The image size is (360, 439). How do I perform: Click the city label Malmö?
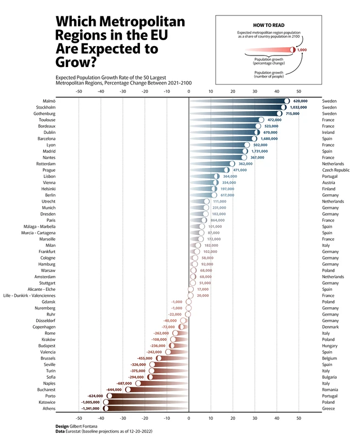[x=49, y=102]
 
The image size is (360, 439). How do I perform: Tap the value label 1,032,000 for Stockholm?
[x=299, y=108]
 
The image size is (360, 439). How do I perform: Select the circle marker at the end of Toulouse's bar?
[x=261, y=120]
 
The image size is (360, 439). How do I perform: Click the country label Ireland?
[x=330, y=133]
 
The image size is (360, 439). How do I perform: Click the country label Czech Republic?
[x=336, y=170]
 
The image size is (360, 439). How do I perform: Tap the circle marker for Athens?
[x=106, y=409]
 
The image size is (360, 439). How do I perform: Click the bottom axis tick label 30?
[x=255, y=419]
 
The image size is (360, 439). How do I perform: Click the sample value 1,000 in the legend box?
[x=301, y=50]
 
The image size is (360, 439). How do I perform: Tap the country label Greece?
[x=329, y=409]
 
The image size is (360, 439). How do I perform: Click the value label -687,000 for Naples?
[x=125, y=384]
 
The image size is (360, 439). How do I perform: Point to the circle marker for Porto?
[x=109, y=396]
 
